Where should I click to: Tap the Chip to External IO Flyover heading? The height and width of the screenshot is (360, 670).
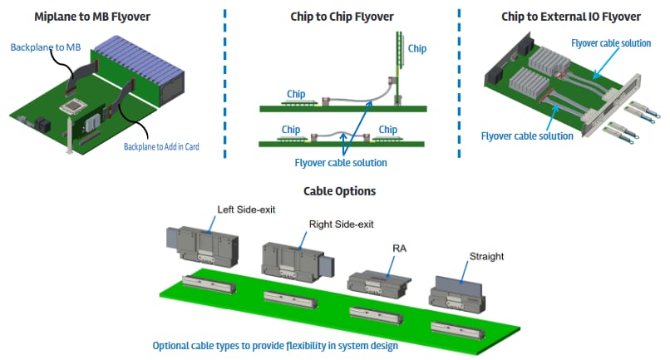click(571, 16)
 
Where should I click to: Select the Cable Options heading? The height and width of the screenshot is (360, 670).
click(339, 191)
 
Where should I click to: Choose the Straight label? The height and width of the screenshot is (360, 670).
click(487, 257)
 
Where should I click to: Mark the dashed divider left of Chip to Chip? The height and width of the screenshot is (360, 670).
click(225, 83)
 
